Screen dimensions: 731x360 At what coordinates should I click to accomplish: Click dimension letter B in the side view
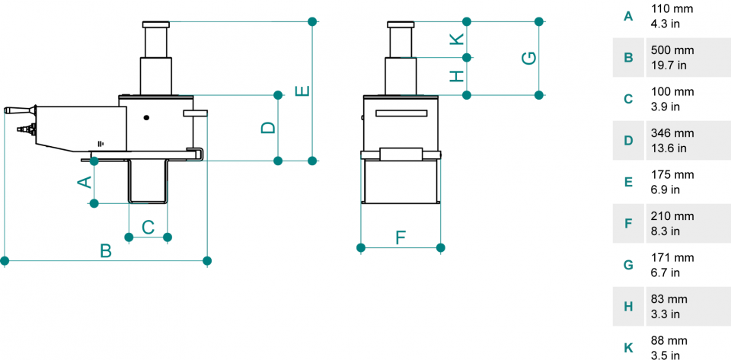(107, 251)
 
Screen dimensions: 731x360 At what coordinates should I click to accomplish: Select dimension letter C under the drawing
(148, 228)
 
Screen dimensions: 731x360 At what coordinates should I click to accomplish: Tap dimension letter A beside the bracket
(85, 181)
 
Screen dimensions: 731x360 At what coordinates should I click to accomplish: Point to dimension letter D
(268, 128)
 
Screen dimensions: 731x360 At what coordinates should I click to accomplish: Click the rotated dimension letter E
(302, 91)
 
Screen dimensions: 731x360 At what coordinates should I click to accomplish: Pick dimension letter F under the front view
(401, 237)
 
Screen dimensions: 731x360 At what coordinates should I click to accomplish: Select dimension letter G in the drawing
(529, 58)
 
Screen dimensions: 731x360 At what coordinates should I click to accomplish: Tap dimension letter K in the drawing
(458, 39)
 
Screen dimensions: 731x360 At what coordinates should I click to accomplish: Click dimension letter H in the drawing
(458, 76)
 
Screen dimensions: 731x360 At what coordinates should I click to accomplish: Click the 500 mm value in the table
(672, 50)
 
